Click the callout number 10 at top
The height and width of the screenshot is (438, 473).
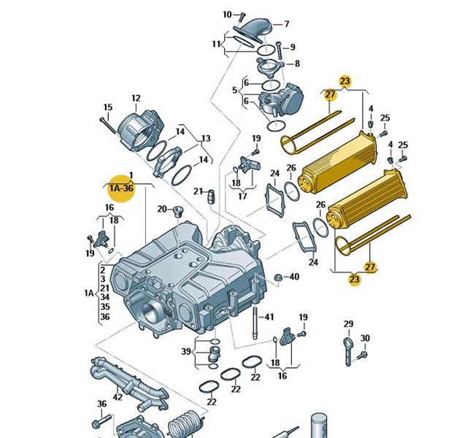point(227,15)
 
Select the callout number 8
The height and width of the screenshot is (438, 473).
point(297,64)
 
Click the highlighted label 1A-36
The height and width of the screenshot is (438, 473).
point(121,188)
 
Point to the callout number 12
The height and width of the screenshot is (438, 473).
point(136,99)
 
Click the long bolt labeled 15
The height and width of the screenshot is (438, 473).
point(108,125)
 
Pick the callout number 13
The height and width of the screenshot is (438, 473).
point(206,139)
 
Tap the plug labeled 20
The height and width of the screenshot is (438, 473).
point(178,212)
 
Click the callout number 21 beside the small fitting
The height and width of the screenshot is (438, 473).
point(198,191)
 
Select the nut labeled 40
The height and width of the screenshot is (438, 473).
point(278,278)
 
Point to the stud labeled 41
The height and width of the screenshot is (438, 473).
point(255,323)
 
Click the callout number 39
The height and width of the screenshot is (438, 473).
point(186,351)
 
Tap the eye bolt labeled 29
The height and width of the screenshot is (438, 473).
point(347,352)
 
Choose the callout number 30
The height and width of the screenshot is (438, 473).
point(365,338)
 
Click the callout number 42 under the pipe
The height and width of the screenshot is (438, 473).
point(118,396)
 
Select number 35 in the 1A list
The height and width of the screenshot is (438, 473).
point(104,307)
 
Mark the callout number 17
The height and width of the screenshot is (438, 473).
point(242,196)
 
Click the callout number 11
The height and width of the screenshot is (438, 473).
point(216,44)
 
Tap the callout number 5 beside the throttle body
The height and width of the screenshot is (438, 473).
point(235,91)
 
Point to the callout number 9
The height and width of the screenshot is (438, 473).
point(292,47)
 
